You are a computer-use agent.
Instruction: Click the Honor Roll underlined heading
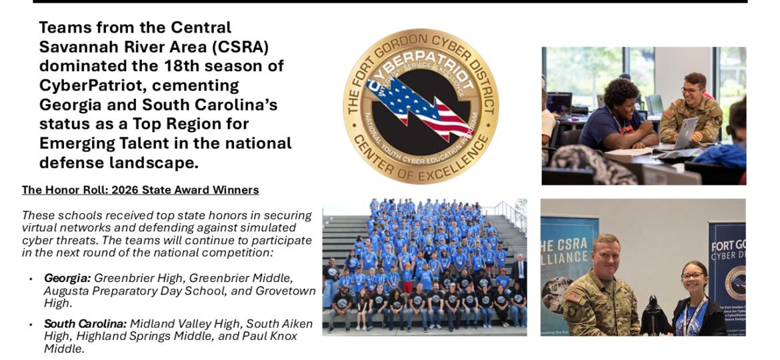click(140, 190)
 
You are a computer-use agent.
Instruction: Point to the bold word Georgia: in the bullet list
click(67, 277)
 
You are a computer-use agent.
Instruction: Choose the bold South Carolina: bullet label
click(85, 323)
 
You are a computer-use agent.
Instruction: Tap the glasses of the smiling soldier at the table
click(691, 89)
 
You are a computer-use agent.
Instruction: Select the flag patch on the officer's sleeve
click(573, 297)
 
